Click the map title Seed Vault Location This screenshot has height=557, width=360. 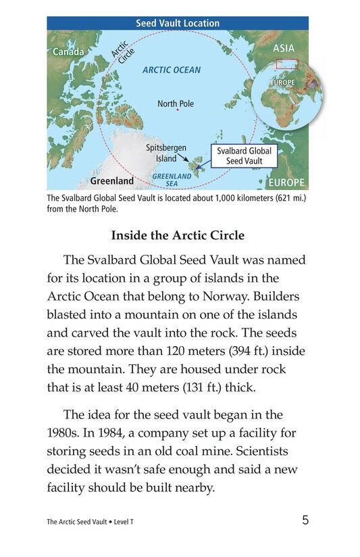pos(178,23)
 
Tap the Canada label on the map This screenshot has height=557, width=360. pos(68,51)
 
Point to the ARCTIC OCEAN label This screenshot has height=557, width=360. pos(172,70)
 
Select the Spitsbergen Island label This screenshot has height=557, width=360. pos(166,153)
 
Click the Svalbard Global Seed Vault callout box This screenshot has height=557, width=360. pos(244,156)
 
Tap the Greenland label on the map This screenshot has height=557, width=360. pos(112,181)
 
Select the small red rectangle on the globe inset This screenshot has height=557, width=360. pos(286,65)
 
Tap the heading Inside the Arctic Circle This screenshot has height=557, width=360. pos(177,237)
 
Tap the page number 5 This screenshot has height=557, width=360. pos(305,520)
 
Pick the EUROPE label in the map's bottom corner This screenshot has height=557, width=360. pos(286,183)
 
